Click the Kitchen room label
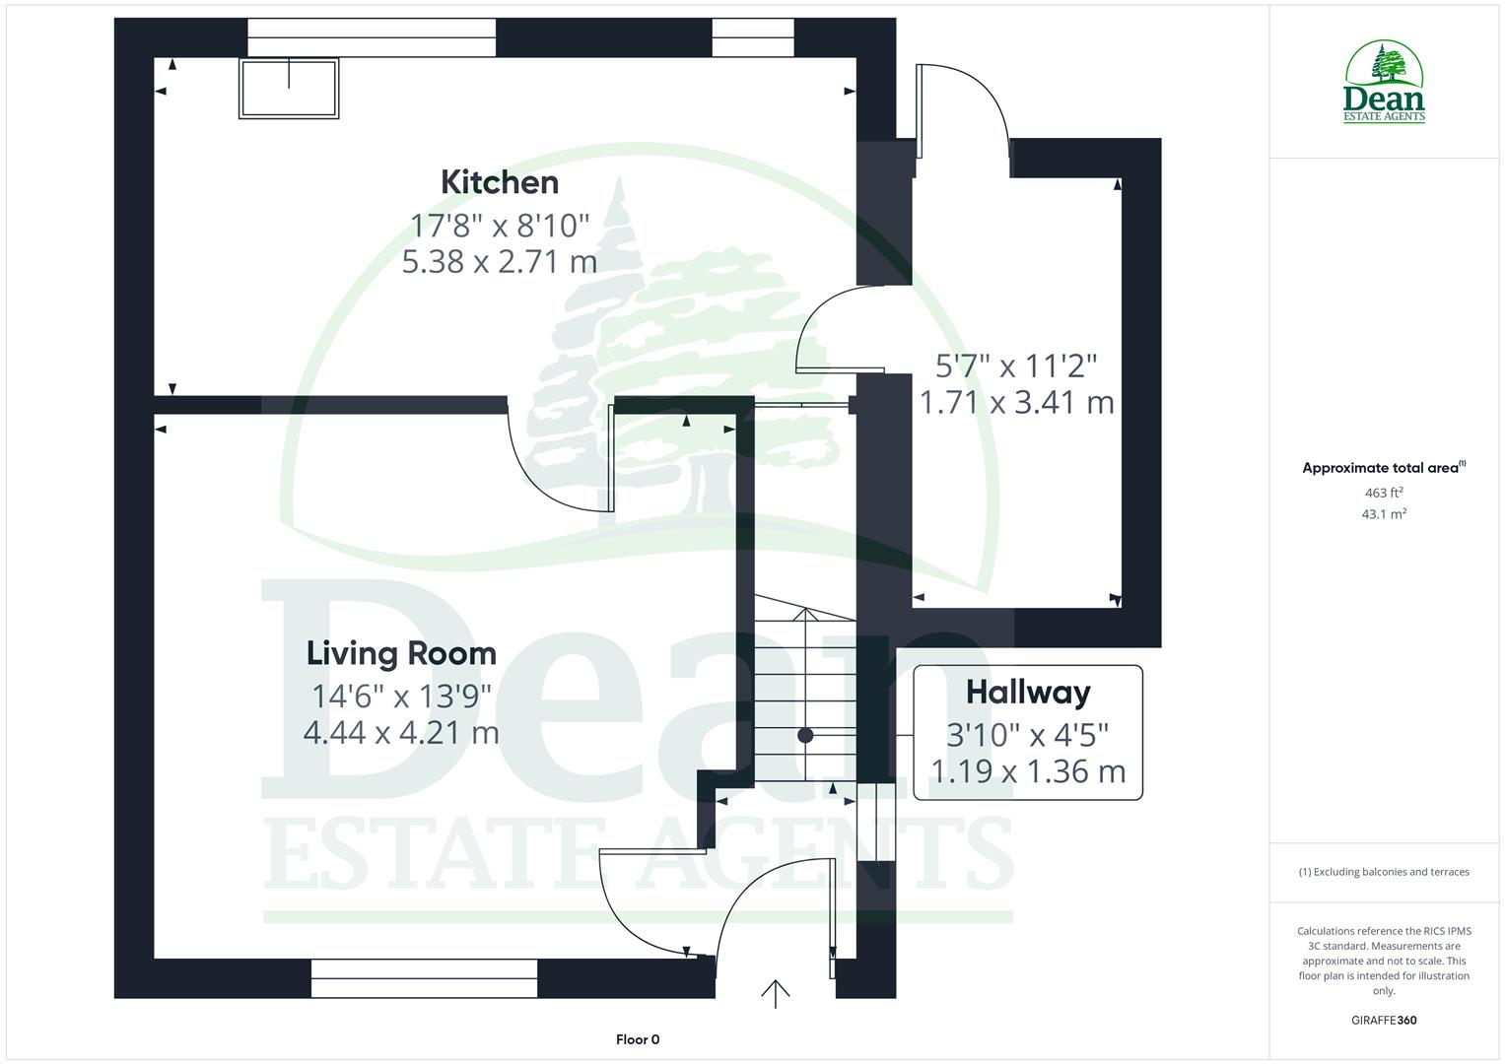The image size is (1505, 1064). [x=500, y=182]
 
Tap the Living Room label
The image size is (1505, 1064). [x=401, y=653]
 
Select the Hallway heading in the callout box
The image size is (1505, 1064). [x=1028, y=692]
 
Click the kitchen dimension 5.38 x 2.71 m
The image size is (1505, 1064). [x=500, y=261]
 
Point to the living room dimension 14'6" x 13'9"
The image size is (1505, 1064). [x=401, y=697]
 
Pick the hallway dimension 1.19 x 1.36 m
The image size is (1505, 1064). [x=1028, y=771]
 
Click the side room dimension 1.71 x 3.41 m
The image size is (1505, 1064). [x=1016, y=402]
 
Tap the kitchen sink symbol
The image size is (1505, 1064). [x=289, y=88]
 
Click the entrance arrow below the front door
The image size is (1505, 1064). [x=776, y=993]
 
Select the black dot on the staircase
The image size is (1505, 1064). [x=805, y=735]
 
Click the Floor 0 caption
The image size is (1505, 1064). [x=638, y=1039]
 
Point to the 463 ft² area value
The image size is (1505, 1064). [x=1384, y=493]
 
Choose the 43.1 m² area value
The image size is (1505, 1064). [x=1384, y=513]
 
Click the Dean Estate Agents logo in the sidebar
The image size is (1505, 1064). [x=1384, y=83]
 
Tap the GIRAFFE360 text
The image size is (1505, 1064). [x=1384, y=1020]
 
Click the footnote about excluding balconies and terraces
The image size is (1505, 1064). [x=1384, y=872]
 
